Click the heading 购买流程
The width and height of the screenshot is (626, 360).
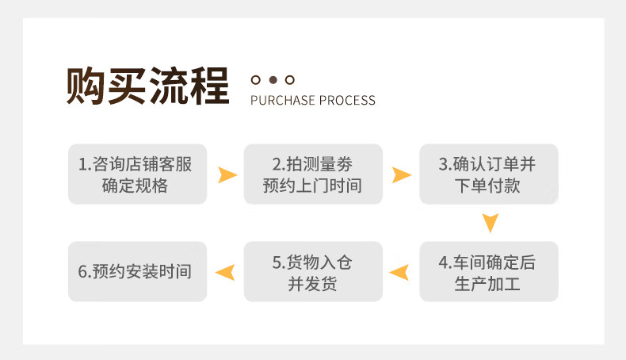(x=147, y=86)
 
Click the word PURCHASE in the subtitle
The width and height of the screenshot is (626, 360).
(x=283, y=100)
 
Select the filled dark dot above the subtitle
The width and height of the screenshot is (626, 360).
(x=273, y=80)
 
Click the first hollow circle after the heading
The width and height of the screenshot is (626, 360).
(x=255, y=80)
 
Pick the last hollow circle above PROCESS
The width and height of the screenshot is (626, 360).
(x=290, y=80)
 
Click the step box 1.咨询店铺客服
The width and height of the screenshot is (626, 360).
(x=137, y=174)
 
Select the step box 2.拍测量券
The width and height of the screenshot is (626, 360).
(x=313, y=174)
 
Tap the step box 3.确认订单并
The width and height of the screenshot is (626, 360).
(x=489, y=174)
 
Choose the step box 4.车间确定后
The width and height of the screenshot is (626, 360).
(x=489, y=271)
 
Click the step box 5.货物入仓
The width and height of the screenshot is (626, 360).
(x=313, y=271)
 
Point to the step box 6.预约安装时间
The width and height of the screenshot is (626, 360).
(x=137, y=271)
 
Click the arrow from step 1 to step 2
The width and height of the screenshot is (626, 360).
(x=228, y=175)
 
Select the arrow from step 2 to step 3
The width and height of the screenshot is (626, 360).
(x=403, y=175)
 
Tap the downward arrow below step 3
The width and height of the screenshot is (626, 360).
(x=490, y=222)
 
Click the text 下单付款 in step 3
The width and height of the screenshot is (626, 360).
(x=487, y=186)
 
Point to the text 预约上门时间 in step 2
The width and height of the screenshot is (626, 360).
(x=312, y=186)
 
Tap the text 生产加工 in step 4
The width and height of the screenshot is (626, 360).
(x=487, y=284)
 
